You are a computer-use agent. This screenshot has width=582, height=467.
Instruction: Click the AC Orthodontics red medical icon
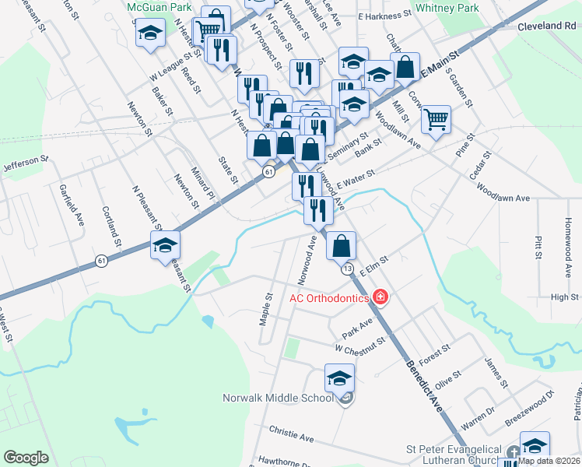[x=380, y=297]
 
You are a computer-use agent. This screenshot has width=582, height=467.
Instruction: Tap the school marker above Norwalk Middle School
[x=339, y=379]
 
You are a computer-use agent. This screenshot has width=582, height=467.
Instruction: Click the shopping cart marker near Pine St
[x=436, y=120]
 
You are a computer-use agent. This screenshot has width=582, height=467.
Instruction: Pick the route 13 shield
[x=347, y=269]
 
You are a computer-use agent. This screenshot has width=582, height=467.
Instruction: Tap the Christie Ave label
[x=291, y=434]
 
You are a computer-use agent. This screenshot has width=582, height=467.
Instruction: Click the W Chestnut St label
[x=360, y=343]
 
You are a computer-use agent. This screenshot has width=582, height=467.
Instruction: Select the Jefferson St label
[x=26, y=163]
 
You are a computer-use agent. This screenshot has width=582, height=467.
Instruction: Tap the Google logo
[x=26, y=457]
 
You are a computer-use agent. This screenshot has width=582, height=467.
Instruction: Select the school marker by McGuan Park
[x=151, y=35]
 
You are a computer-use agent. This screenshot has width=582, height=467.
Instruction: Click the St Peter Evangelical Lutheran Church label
[x=454, y=455]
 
